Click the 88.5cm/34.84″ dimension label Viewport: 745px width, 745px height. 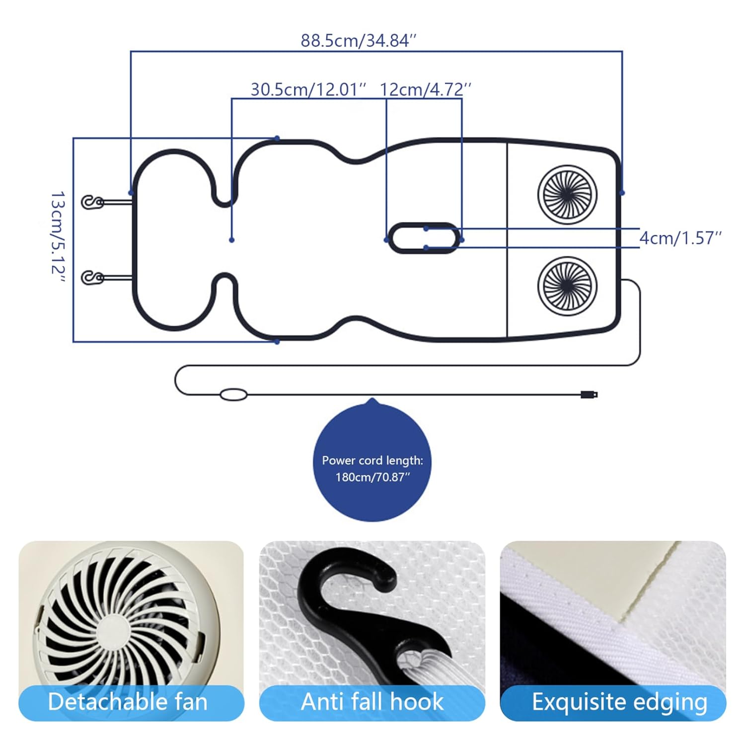pyautogui.click(x=358, y=40)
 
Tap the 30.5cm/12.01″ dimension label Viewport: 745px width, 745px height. pyautogui.click(x=308, y=89)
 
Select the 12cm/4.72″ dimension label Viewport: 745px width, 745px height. pyautogui.click(x=425, y=89)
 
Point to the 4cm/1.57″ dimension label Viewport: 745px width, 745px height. pyautogui.click(x=679, y=238)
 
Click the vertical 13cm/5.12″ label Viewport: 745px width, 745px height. pyautogui.click(x=58, y=239)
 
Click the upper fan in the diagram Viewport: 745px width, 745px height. pyautogui.click(x=567, y=195)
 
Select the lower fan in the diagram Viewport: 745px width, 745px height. pyautogui.click(x=567, y=286)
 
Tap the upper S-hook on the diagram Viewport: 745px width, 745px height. pyautogui.click(x=92, y=202)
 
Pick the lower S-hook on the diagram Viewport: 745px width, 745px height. pyautogui.click(x=92, y=277)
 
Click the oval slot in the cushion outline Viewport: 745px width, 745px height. pyautogui.click(x=423, y=238)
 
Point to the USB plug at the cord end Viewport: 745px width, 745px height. pyautogui.click(x=590, y=395)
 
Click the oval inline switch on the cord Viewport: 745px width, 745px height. pyautogui.click(x=233, y=395)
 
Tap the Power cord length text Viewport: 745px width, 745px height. pyautogui.click(x=372, y=460)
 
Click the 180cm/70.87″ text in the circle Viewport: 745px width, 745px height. pyautogui.click(x=372, y=477)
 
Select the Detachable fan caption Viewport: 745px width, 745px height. pyautogui.click(x=128, y=702)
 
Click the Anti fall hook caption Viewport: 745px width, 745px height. pyautogui.click(x=372, y=702)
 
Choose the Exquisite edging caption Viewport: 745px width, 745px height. pyautogui.click(x=619, y=702)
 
